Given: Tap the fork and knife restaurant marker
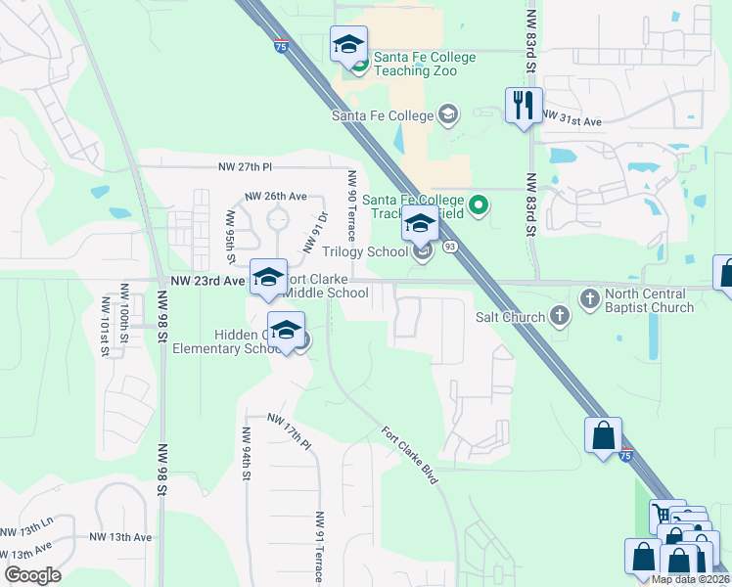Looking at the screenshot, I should (524, 105).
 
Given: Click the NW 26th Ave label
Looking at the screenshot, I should (276, 196).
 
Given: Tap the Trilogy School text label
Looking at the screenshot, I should (365, 251).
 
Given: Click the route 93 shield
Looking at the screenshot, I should (450, 246).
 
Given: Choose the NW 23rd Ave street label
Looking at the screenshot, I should (206, 281).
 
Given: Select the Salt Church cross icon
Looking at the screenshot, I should (559, 315).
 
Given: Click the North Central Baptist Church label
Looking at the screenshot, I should (649, 300).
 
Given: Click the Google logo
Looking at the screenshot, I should (32, 575).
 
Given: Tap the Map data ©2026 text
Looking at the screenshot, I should (690, 579).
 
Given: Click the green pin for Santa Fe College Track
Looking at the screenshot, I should (479, 205).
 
